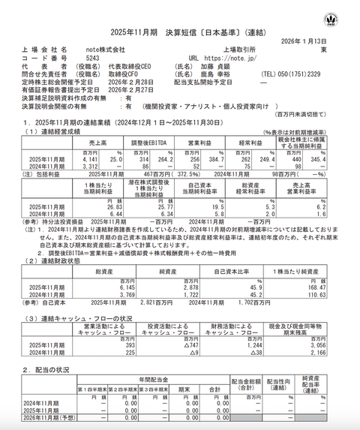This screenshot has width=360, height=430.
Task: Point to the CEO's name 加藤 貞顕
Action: [x=229, y=66]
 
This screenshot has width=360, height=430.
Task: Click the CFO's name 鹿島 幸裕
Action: [x=229, y=74]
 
